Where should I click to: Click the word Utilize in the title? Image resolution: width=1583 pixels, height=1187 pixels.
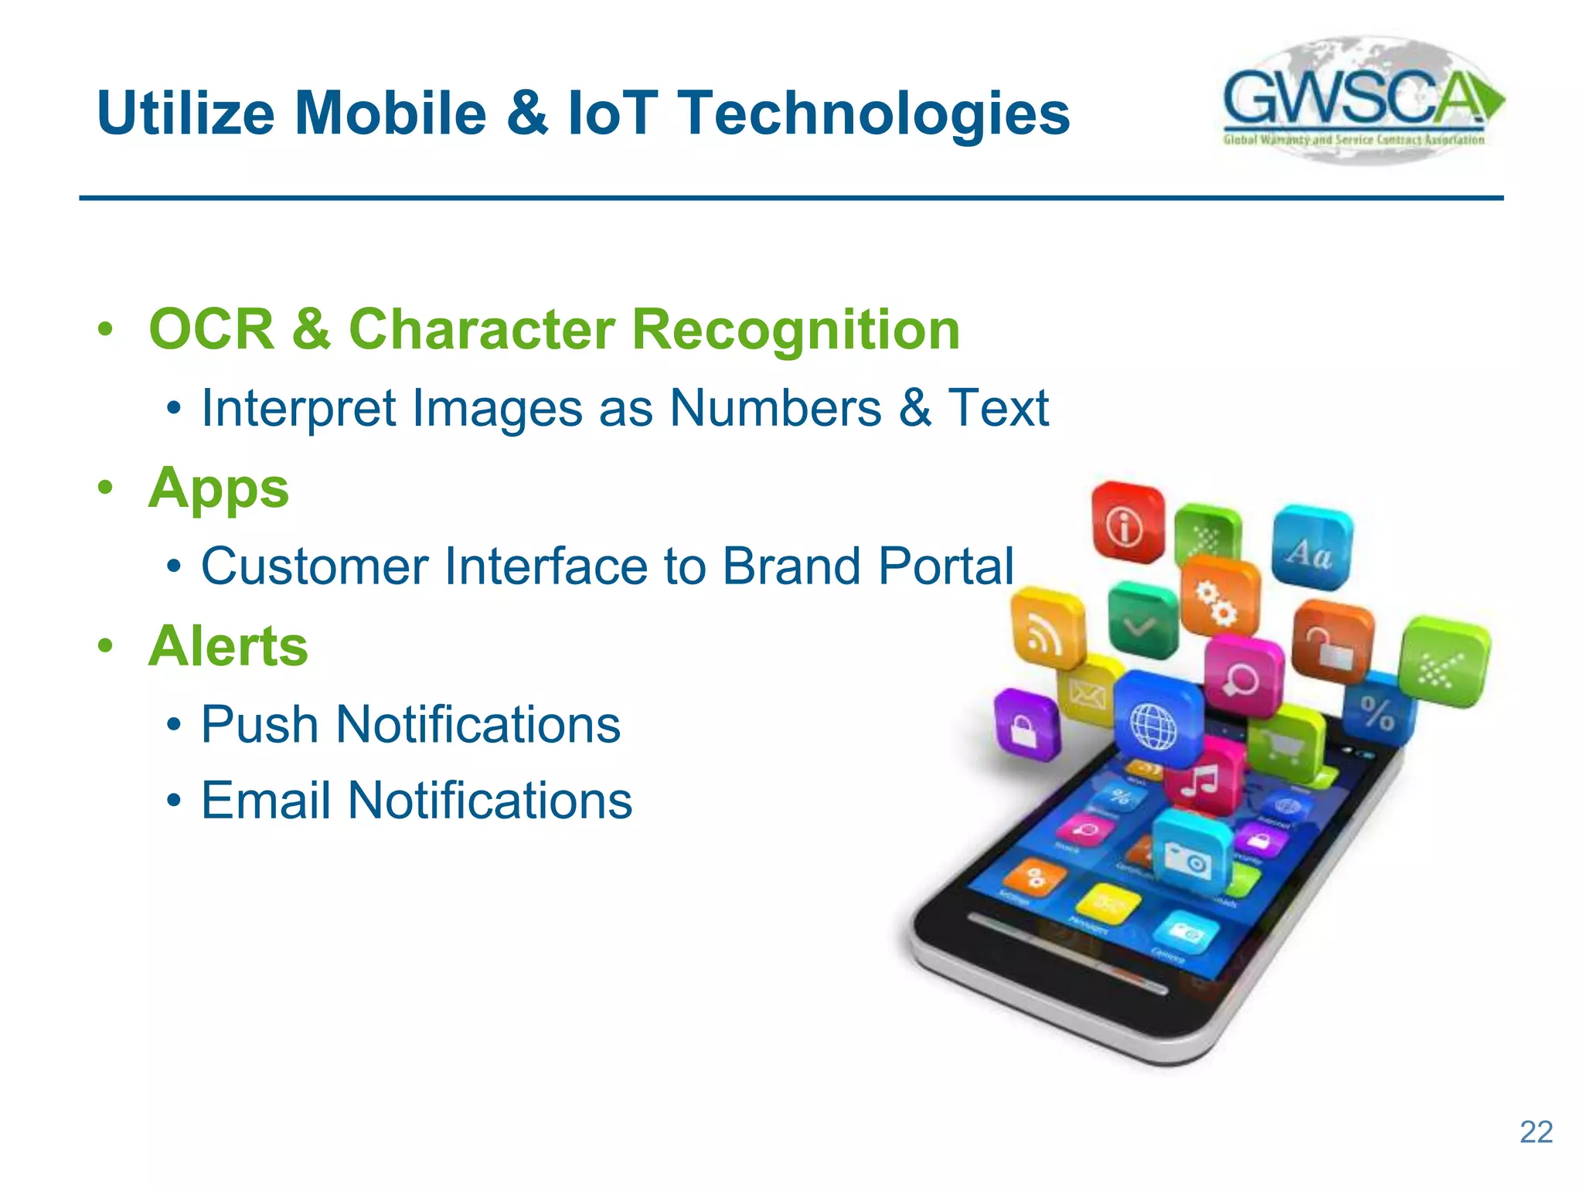click(186, 114)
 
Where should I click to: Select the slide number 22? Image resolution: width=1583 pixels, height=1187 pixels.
click(1536, 1132)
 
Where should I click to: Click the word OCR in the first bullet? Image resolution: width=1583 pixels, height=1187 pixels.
click(211, 330)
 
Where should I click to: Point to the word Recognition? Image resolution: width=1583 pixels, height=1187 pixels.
click(795, 330)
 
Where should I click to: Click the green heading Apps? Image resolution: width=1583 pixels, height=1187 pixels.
click(219, 489)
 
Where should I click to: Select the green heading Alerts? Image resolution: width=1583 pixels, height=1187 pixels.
click(228, 646)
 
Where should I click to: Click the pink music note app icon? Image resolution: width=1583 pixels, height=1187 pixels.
click(1201, 779)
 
